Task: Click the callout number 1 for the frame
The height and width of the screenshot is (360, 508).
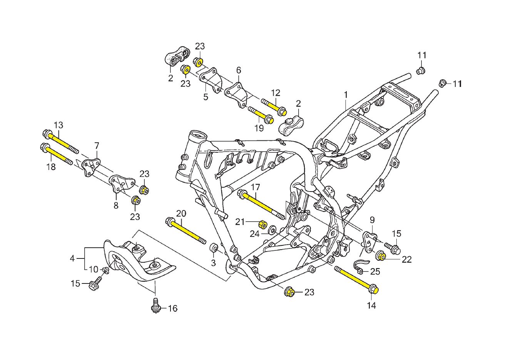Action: pyautogui.click(x=346, y=94)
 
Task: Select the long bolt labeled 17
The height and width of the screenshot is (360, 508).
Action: pyautogui.click(x=262, y=204)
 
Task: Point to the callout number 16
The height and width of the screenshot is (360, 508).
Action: pyautogui.click(x=173, y=308)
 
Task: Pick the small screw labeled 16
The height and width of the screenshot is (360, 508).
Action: pyautogui.click(x=156, y=306)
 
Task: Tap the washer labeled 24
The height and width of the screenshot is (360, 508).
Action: pyautogui.click(x=271, y=230)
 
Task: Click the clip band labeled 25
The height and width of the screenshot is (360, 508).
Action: pyautogui.click(x=359, y=266)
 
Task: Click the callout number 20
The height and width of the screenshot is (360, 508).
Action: pyautogui.click(x=181, y=213)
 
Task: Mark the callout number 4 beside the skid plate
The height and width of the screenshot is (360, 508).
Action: pyautogui.click(x=72, y=258)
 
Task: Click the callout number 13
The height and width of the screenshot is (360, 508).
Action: pyautogui.click(x=58, y=125)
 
